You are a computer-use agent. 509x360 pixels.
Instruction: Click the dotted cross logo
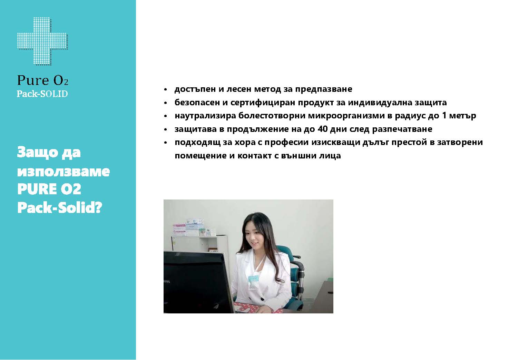point(43,41)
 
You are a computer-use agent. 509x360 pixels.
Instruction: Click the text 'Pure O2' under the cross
point(43,80)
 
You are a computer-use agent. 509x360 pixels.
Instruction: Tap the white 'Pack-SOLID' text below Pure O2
point(42,94)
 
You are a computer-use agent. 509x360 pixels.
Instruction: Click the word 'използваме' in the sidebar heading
point(63,171)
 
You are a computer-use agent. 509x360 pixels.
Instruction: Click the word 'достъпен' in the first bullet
point(195,89)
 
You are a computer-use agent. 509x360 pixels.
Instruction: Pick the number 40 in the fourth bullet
point(322,129)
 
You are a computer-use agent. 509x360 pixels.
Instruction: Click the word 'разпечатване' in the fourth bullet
point(402,129)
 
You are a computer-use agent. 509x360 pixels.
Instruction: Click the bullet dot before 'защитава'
point(165,130)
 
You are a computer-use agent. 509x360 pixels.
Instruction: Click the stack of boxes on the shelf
point(194,227)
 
